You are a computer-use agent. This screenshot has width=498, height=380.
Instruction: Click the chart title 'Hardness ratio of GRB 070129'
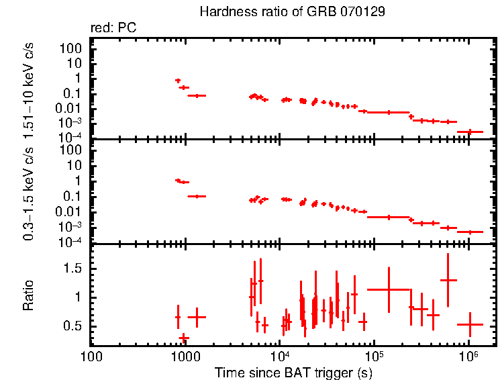(292, 13)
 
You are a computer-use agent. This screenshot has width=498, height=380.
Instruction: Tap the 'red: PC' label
(113, 28)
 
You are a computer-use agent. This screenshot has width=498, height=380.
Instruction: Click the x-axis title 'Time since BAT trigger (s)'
(293, 371)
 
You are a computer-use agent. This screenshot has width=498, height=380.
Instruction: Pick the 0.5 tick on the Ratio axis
(74, 326)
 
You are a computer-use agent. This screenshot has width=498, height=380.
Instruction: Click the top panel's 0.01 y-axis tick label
(70, 109)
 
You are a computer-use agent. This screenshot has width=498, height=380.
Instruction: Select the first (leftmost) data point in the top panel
(178, 80)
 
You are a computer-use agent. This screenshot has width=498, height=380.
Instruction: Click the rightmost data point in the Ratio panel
(470, 324)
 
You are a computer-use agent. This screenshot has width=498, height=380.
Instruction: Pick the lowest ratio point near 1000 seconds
(184, 338)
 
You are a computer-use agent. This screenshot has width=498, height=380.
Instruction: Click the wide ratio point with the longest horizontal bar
(388, 289)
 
